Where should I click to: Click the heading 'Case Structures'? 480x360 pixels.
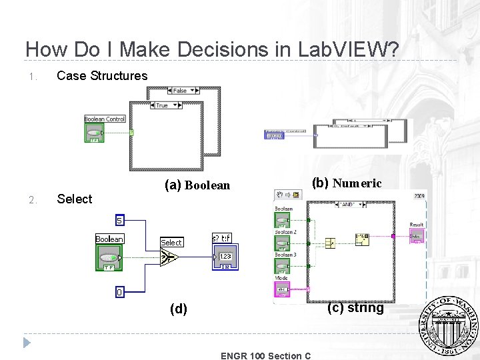click(102, 76)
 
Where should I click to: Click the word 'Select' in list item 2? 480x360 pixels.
click(75, 199)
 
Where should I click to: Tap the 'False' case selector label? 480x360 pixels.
click(179, 90)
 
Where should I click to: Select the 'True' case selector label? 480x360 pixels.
click(162, 105)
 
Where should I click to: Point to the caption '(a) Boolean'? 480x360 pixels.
click(197, 185)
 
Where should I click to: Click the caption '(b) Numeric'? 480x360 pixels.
click(347, 183)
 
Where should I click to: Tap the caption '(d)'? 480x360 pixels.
click(179, 309)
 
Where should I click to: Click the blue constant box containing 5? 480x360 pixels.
click(120, 219)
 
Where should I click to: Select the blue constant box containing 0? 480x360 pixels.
click(120, 291)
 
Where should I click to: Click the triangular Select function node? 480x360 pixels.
click(169, 256)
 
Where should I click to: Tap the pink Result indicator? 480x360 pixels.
click(416, 236)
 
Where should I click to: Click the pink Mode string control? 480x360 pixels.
click(282, 289)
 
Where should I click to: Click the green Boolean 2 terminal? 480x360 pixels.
click(283, 243)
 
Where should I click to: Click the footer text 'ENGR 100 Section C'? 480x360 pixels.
click(265, 355)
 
